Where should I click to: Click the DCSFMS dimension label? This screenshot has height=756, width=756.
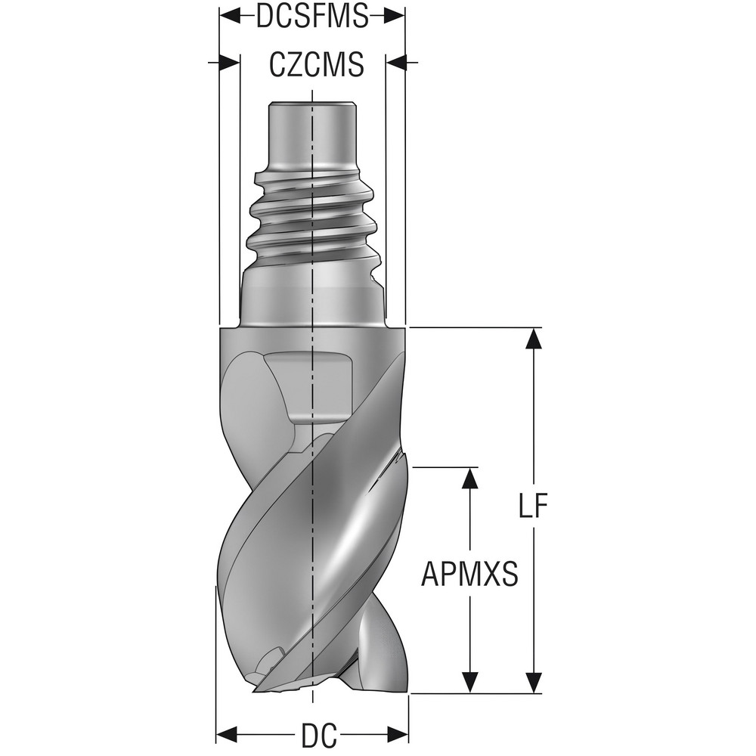point(311,16)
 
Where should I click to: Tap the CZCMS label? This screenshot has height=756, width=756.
point(316,65)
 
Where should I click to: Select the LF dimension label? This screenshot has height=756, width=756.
point(533,507)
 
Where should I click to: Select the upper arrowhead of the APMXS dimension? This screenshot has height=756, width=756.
point(471,477)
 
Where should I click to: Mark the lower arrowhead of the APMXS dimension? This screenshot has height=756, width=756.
point(471,683)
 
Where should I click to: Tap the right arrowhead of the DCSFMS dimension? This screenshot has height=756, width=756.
point(395,15)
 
